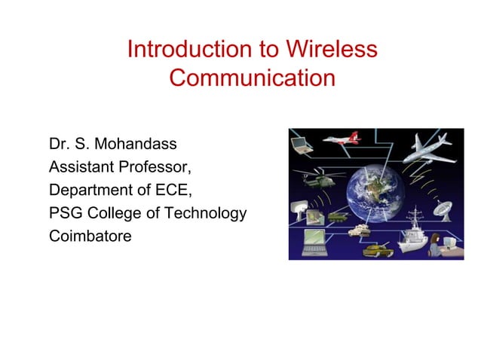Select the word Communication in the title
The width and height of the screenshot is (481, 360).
252,78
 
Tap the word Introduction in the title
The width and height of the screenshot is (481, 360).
191,50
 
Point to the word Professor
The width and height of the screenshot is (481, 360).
152,166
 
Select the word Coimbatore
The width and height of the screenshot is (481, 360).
90,236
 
